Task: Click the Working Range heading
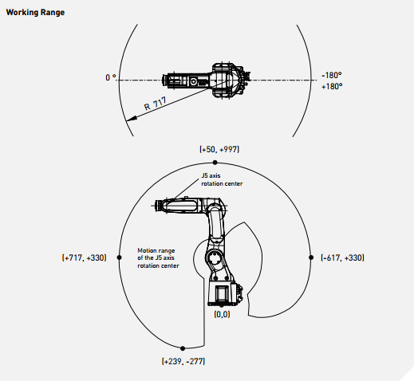tap(35, 13)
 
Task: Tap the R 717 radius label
tap(156, 104)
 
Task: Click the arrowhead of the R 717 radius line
tap(132, 119)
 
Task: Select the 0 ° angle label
tap(111, 77)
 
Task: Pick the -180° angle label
tap(332, 75)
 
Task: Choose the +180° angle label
tap(332, 86)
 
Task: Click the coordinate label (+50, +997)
tap(219, 149)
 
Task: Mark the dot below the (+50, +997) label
tap(215, 163)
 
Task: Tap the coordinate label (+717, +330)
tap(85, 257)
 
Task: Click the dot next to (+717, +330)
tap(119, 257)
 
